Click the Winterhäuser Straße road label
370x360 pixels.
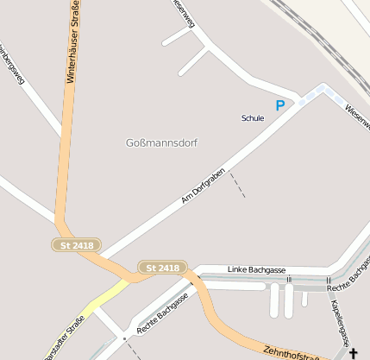click(x=74, y=43)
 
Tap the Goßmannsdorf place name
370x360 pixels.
click(x=161, y=142)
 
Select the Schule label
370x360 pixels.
click(x=253, y=118)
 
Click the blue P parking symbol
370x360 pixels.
click(x=279, y=105)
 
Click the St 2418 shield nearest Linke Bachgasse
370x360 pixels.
click(x=161, y=268)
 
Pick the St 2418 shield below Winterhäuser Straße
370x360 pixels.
click(x=77, y=245)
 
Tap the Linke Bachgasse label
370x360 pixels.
click(x=256, y=270)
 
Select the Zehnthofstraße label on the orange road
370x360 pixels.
click(x=293, y=349)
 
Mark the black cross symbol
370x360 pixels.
click(x=353, y=353)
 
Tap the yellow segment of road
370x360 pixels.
click(x=100, y=298)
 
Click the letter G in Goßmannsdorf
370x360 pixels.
click(x=129, y=142)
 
